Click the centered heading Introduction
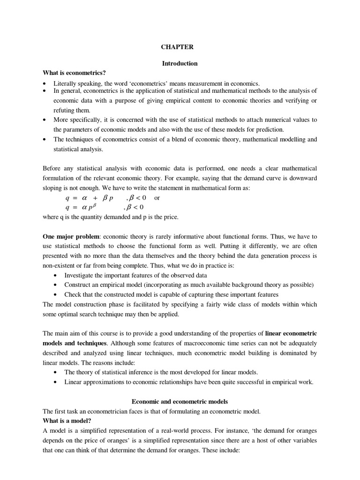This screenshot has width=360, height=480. [x=180, y=63]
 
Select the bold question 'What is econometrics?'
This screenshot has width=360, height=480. [x=74, y=73]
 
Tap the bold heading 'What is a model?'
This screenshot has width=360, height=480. [x=66, y=420]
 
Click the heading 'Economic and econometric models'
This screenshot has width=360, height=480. [x=180, y=402]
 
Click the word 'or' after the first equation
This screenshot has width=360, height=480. [x=157, y=198]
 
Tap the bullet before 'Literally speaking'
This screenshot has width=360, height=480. [x=45, y=83]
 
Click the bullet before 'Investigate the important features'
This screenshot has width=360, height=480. [x=56, y=275]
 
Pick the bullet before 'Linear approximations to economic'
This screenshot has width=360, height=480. [x=56, y=382]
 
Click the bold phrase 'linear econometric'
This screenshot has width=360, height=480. [x=291, y=334]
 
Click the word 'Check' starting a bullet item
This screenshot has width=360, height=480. [x=72, y=294]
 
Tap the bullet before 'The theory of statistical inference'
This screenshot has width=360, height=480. [x=56, y=372]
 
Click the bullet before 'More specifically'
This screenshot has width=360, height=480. [x=45, y=120]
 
